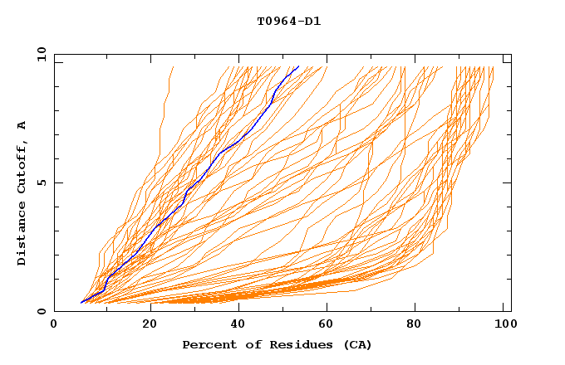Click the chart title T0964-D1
(289, 22)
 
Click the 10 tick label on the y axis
(41, 55)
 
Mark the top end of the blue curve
(299, 66)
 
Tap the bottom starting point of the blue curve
(81, 303)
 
